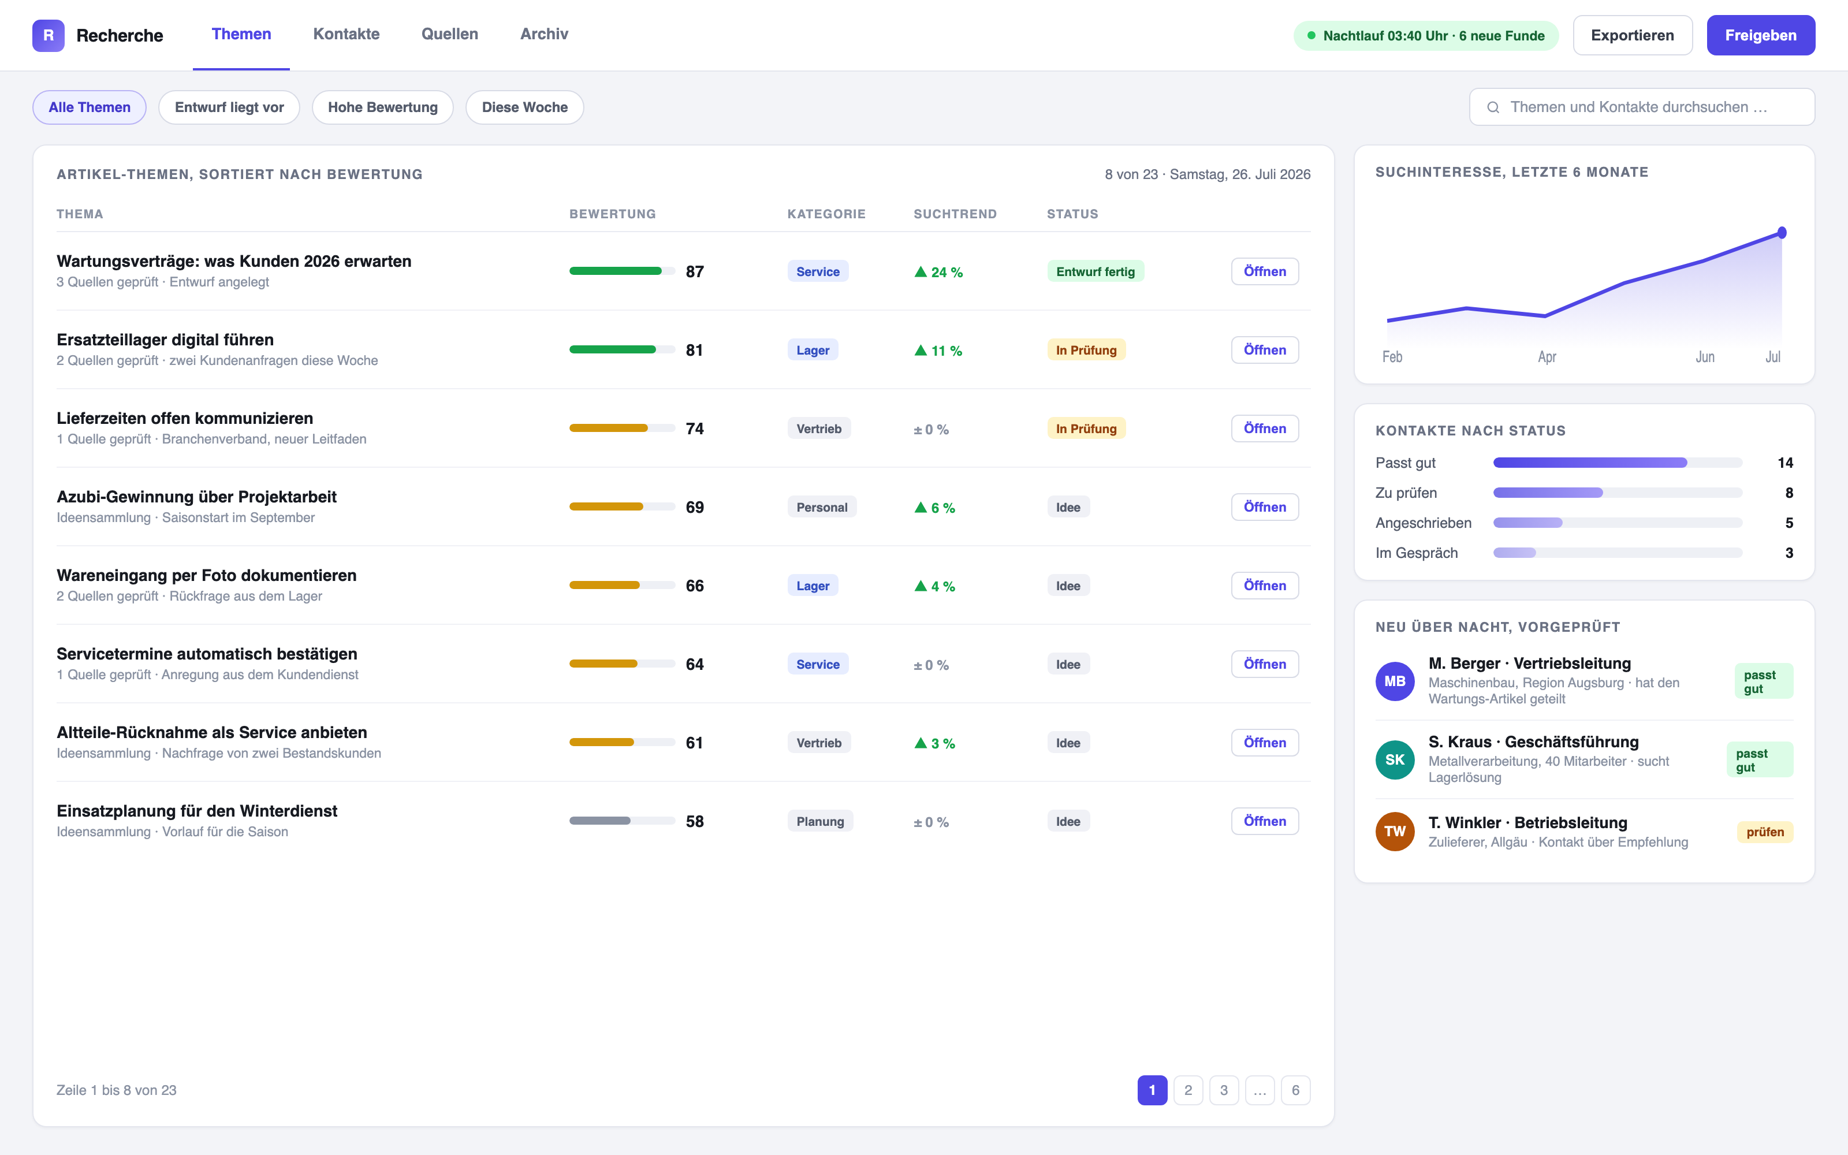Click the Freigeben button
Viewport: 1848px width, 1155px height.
(1760, 35)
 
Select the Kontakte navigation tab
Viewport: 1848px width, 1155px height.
(346, 35)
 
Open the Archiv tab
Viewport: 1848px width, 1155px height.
(543, 35)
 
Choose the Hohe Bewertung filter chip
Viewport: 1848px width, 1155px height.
(382, 107)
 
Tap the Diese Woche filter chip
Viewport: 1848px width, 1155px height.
(524, 107)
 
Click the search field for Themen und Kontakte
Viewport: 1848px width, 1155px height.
(1642, 107)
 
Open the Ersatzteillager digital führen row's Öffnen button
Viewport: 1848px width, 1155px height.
(1265, 350)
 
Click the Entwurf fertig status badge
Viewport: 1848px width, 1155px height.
(1095, 271)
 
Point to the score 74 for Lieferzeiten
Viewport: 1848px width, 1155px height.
(694, 429)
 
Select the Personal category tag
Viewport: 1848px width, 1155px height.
(822, 507)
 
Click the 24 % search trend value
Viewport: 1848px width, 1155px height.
(938, 272)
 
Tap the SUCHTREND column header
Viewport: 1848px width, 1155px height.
(955, 214)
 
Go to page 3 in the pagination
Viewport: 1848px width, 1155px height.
(1223, 1090)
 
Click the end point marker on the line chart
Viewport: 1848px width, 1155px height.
(1782, 232)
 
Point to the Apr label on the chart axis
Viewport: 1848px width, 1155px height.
(1547, 357)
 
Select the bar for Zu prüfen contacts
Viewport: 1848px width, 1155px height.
(1548, 493)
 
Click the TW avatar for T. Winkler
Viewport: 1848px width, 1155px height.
(1395, 831)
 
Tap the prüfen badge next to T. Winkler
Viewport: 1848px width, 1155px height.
(1765, 832)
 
